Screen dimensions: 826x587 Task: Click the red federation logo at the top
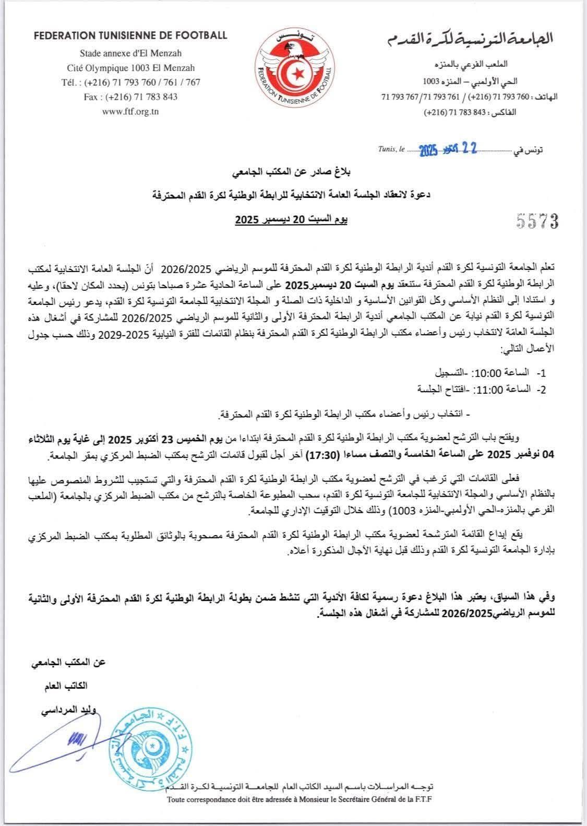coord(293,68)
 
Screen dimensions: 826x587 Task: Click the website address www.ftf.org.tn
coord(130,111)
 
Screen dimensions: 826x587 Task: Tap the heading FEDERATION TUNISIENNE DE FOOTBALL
coord(130,36)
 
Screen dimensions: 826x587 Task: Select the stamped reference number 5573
coord(537,221)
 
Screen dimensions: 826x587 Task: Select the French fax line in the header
coord(130,97)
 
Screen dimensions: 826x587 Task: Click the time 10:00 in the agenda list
coord(488,374)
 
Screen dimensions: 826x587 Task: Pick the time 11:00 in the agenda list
coord(488,390)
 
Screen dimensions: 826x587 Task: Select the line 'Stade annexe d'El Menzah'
coord(130,53)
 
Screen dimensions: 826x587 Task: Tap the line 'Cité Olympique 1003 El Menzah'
coord(130,68)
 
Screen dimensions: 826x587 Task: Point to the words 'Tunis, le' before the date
coord(391,149)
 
